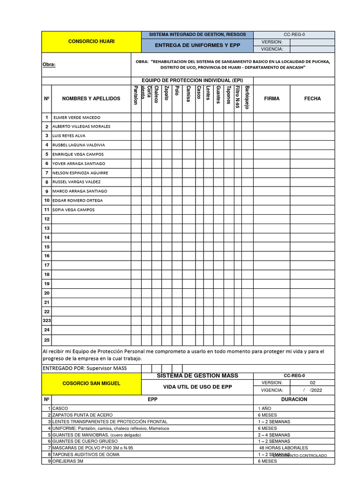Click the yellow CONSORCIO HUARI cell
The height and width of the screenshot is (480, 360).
point(91,42)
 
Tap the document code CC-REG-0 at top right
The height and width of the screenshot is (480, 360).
point(294,35)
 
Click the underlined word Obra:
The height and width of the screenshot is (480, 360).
point(49,65)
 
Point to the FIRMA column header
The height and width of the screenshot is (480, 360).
point(271,99)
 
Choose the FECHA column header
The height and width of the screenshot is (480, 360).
point(312,99)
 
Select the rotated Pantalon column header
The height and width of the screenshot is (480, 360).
point(135,96)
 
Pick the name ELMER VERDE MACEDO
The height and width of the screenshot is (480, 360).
point(77,118)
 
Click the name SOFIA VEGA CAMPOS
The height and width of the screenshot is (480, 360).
point(73,210)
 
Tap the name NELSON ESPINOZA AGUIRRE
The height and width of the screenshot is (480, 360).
point(80,173)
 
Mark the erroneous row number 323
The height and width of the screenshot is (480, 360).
point(47,321)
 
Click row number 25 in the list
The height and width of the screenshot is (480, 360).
point(47,339)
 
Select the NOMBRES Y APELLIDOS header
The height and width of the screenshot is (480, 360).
point(91,99)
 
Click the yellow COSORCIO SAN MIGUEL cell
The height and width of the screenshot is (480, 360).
point(91,383)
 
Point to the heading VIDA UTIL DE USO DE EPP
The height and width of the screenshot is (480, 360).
point(197,387)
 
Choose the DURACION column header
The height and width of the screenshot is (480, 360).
point(294,399)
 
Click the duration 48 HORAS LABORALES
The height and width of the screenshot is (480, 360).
point(283,448)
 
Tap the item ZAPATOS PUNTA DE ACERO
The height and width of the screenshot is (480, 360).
point(82,415)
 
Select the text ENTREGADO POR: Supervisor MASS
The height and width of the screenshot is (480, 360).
point(84,368)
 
